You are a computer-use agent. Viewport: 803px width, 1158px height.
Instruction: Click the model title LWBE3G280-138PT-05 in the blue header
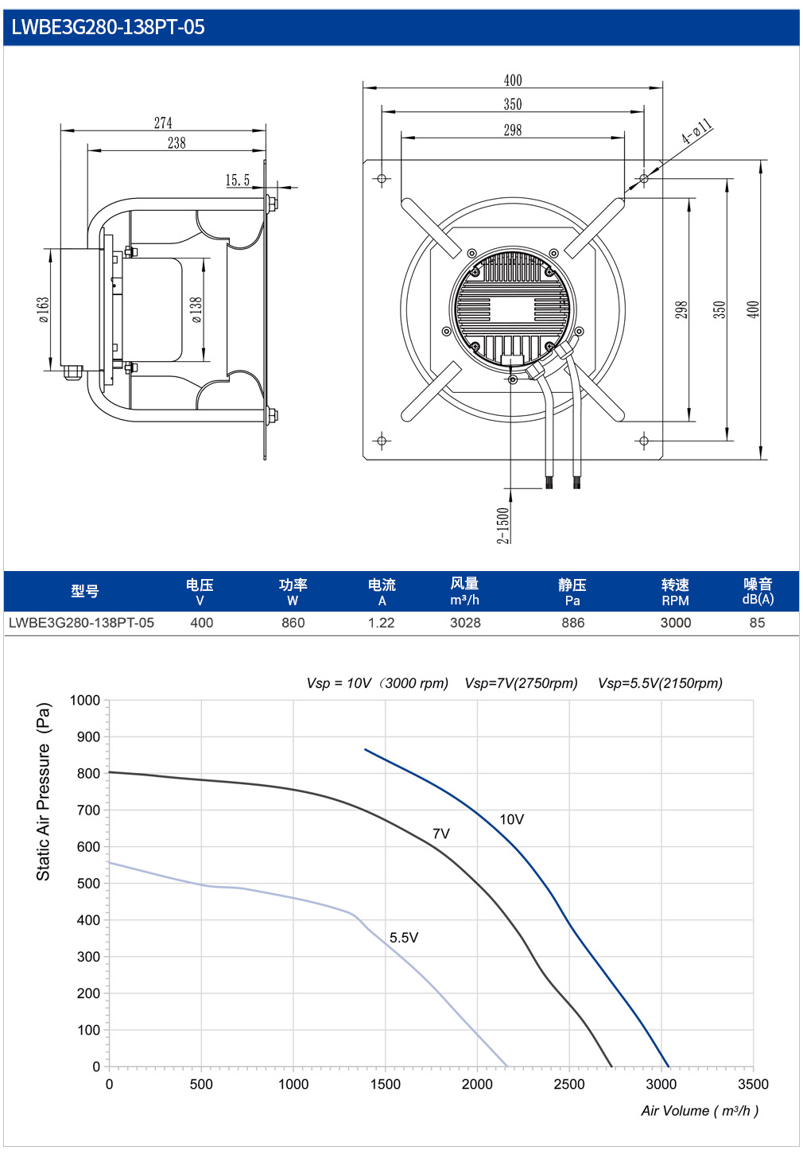[108, 27]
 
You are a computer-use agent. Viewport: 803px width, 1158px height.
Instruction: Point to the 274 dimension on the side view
[163, 122]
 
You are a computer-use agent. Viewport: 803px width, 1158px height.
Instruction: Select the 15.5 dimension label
[237, 180]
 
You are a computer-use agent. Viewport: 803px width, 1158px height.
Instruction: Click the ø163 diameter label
[44, 309]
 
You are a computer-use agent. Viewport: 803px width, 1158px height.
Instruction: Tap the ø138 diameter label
[196, 310]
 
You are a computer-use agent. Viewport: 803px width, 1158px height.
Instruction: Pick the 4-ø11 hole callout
[696, 131]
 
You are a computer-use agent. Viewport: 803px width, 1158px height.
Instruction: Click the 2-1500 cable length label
[502, 525]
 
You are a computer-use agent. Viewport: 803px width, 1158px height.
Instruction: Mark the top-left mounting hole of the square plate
[382, 179]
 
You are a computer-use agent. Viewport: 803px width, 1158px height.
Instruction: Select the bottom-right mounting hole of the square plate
[643, 441]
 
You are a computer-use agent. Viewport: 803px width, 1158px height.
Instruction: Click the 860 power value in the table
[293, 623]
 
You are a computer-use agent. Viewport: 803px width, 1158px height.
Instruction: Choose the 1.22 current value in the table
[382, 623]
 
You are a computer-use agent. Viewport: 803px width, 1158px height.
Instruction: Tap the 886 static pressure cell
[573, 623]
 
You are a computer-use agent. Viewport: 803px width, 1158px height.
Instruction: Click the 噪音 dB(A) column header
[758, 592]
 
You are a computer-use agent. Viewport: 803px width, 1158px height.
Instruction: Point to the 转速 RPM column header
[675, 593]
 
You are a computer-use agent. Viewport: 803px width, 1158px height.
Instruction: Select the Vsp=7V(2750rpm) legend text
[521, 683]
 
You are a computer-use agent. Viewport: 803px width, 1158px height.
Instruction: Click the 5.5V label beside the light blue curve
[404, 937]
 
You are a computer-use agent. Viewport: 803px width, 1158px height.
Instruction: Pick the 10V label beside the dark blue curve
[511, 819]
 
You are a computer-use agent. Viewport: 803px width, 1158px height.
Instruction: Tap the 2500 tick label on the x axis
[569, 1083]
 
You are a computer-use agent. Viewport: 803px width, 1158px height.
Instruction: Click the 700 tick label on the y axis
[88, 810]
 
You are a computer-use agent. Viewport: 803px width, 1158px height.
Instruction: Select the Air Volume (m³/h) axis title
[700, 1110]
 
